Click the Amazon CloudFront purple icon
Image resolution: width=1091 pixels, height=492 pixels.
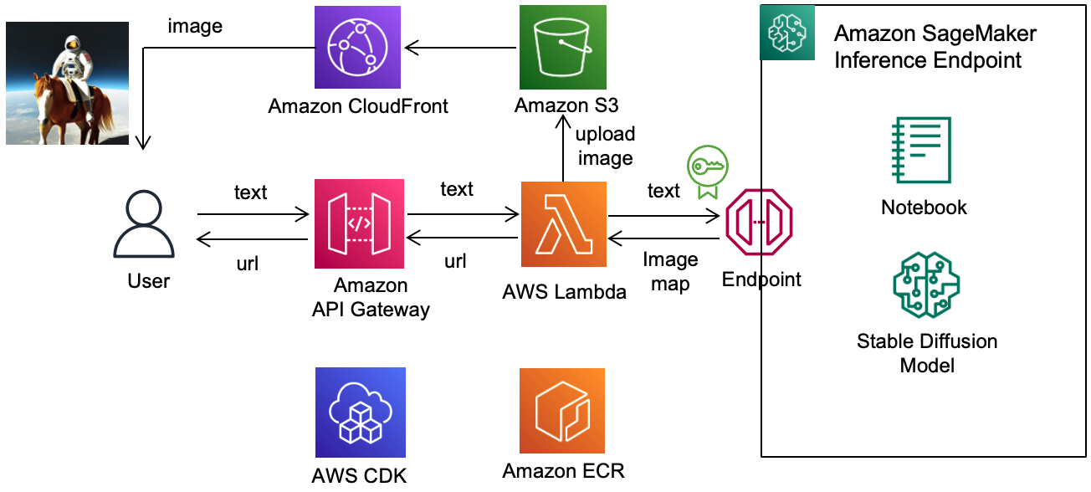click(x=357, y=47)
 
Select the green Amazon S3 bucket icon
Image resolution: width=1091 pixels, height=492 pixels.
click(x=561, y=47)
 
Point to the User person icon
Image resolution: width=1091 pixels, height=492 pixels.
click(x=144, y=224)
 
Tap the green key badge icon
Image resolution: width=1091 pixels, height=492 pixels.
click(x=707, y=171)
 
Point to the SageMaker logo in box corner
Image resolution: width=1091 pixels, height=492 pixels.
click(x=786, y=33)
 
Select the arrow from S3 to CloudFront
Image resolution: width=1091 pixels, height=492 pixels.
click(x=461, y=47)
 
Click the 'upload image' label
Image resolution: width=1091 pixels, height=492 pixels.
click(x=605, y=146)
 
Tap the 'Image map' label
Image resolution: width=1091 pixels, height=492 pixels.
click(x=670, y=271)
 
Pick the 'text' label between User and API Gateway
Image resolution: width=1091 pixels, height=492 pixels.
click(x=250, y=192)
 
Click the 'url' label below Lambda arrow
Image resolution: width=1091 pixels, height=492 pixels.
click(x=455, y=261)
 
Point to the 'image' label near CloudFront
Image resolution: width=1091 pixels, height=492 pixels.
click(x=195, y=26)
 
